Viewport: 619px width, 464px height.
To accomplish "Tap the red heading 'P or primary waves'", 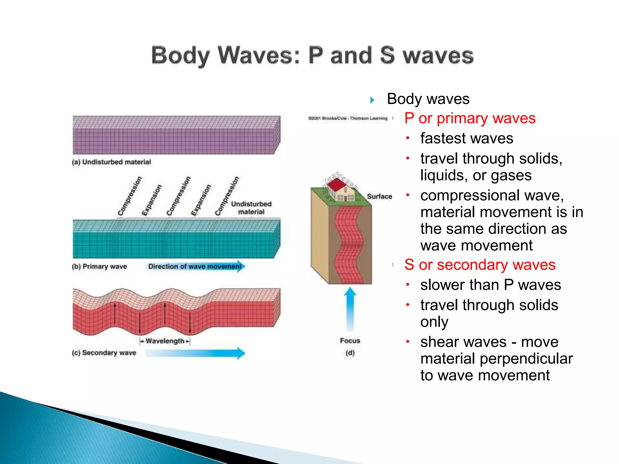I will point(470,118).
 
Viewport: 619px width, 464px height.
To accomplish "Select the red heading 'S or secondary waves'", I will point(480,265).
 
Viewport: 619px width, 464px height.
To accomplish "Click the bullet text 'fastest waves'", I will point(466,139).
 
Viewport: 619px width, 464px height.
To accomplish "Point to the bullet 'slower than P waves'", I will point(490,285).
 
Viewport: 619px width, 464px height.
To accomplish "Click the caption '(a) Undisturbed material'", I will point(112,162).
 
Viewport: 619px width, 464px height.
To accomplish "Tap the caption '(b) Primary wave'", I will point(99,267).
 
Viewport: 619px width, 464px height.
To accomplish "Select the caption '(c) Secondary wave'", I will point(104,353).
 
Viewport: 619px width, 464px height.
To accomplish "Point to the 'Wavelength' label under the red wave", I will point(165,341).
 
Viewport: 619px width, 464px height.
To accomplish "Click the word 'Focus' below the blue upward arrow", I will point(350,341).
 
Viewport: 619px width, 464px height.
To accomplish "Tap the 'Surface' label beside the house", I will point(379,197).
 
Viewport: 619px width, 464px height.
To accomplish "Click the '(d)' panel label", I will point(350,353).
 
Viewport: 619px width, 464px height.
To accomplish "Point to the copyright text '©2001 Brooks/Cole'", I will point(348,118).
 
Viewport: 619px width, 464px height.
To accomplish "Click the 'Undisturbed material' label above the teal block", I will point(251,208).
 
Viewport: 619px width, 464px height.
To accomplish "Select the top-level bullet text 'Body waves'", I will point(428,99).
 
